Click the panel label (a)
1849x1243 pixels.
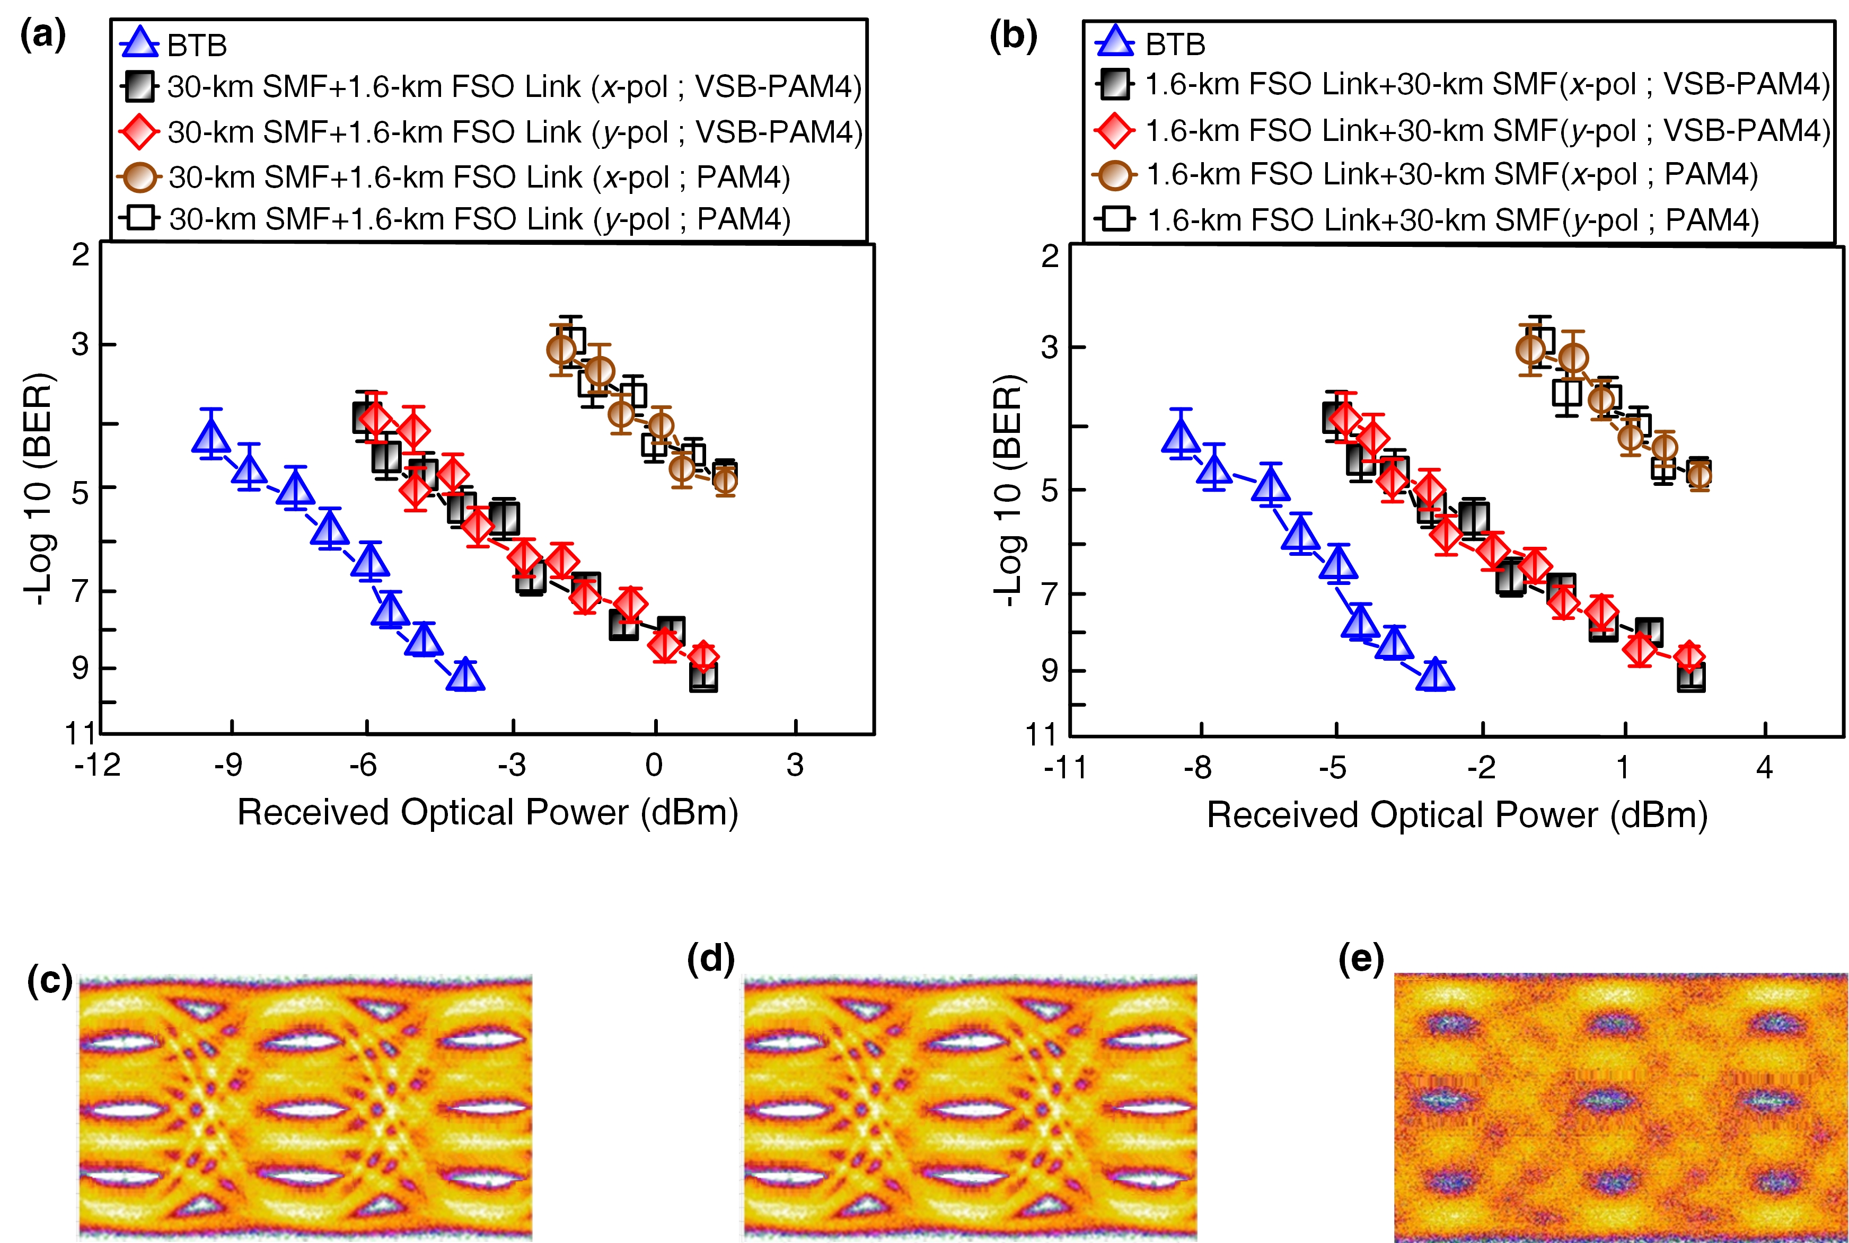43,35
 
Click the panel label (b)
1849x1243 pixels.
1012,35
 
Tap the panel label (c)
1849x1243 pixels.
49,981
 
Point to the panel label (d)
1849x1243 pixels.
710,958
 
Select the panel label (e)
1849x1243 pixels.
1361,958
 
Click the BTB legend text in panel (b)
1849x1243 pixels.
1175,45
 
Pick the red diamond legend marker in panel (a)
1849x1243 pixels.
139,131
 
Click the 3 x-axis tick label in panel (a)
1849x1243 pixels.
795,765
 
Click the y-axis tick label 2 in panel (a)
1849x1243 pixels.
81,255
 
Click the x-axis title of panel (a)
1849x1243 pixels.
488,813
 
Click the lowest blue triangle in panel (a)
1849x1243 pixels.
465,676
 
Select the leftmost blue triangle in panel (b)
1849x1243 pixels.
1181,437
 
